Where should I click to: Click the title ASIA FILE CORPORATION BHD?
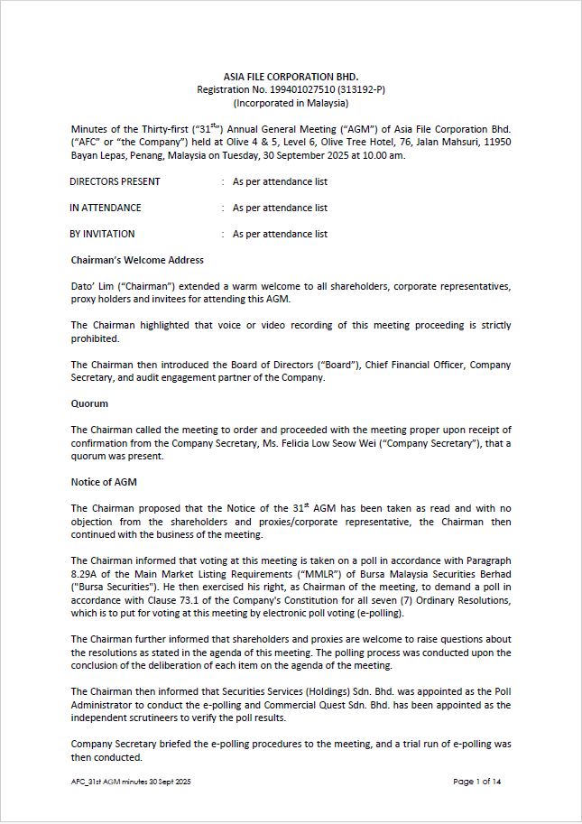pyautogui.click(x=291, y=77)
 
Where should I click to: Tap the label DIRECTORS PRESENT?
pyautogui.click(x=115, y=181)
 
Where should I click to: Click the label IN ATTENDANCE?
pyautogui.click(x=106, y=208)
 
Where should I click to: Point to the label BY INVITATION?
pyautogui.click(x=103, y=234)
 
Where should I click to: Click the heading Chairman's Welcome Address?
pyautogui.click(x=137, y=261)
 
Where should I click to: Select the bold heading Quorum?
pyautogui.click(x=89, y=403)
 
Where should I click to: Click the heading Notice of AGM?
pyautogui.click(x=104, y=482)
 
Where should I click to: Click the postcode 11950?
pyautogui.click(x=497, y=142)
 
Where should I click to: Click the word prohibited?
pyautogui.click(x=96, y=338)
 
